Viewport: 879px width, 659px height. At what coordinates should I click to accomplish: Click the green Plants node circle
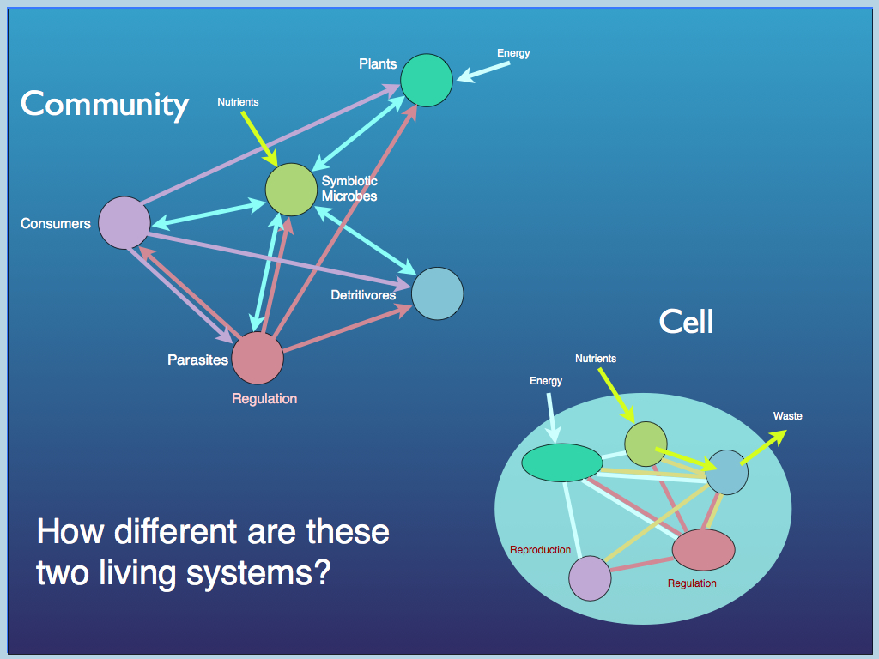pyautogui.click(x=427, y=80)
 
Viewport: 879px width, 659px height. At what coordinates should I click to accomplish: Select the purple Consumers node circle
pyautogui.click(x=124, y=222)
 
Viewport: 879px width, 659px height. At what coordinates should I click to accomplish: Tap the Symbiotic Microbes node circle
pyautogui.click(x=291, y=189)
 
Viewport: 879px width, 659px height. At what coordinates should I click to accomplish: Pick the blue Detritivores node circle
pyautogui.click(x=437, y=293)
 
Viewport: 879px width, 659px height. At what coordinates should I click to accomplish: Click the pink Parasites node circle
pyautogui.click(x=258, y=358)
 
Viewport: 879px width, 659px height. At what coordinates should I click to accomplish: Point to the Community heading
pyautogui.click(x=104, y=104)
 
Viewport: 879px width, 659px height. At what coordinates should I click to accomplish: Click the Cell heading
pyautogui.click(x=686, y=322)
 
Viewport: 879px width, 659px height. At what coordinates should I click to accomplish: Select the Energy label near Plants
pyautogui.click(x=513, y=53)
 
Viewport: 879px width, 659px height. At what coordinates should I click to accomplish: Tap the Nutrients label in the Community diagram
pyautogui.click(x=238, y=102)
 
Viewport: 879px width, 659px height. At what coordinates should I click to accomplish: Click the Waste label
pyautogui.click(x=787, y=416)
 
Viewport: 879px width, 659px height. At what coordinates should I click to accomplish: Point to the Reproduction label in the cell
pyautogui.click(x=540, y=550)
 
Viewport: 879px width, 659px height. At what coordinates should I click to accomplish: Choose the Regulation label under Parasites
pyautogui.click(x=264, y=399)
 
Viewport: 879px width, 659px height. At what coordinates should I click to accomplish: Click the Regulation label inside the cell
pyautogui.click(x=692, y=583)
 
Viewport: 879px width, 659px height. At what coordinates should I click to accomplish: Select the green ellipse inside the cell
pyautogui.click(x=562, y=463)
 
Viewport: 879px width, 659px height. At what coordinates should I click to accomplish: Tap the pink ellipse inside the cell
pyautogui.click(x=703, y=550)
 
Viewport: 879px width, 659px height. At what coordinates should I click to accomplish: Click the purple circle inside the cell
pyautogui.click(x=590, y=577)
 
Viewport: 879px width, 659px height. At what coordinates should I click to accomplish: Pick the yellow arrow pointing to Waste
pyautogui.click(x=763, y=447)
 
